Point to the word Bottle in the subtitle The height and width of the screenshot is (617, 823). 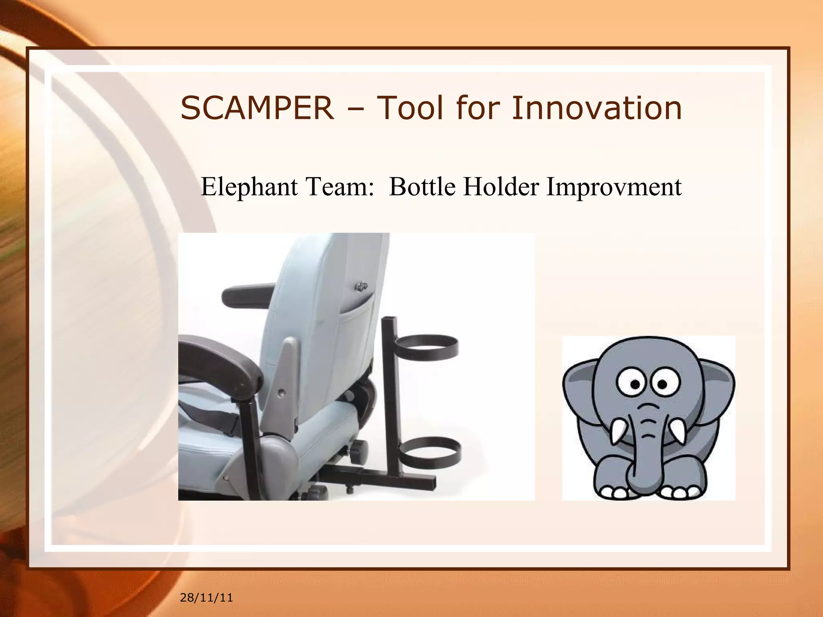(x=422, y=187)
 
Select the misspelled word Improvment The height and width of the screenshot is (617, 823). (x=614, y=187)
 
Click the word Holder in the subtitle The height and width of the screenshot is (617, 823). (x=501, y=187)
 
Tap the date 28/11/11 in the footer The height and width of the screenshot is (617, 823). (x=206, y=598)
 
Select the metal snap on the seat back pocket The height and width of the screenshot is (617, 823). (x=360, y=286)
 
